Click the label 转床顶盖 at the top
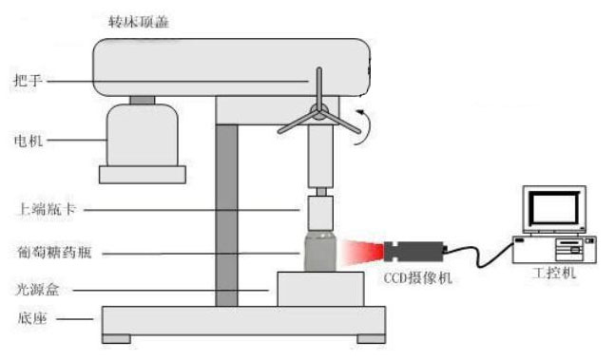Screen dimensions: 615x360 point(139,21)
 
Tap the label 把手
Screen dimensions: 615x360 point(28,81)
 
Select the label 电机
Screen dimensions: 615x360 point(29,141)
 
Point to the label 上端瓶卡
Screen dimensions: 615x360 point(46,209)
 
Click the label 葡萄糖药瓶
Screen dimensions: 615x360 point(54,252)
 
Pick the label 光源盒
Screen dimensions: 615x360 point(38,290)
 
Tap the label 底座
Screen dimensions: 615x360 point(32,318)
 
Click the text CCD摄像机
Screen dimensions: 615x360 point(417,278)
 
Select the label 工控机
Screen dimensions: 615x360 point(554,273)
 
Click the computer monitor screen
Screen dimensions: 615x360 point(554,208)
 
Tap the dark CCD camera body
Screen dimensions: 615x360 point(414,252)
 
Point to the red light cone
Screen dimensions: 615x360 point(362,252)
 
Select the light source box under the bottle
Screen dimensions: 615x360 point(320,289)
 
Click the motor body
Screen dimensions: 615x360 point(143,135)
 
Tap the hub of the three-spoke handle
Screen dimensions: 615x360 point(318,111)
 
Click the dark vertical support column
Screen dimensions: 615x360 point(226,215)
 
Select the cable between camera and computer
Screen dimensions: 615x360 point(479,254)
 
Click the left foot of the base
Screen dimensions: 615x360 point(117,339)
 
